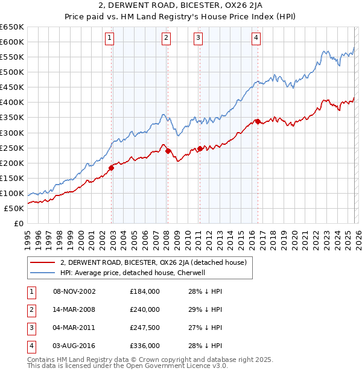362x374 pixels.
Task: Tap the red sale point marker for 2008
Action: [168, 151]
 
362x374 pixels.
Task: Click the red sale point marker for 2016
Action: [258, 122]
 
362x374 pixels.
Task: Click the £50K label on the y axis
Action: [14, 208]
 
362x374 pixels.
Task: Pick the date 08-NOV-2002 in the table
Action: [74, 291]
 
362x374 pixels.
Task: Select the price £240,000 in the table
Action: [145, 309]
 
